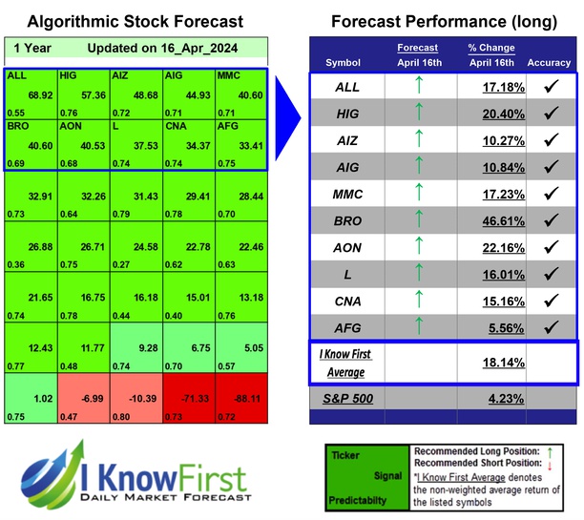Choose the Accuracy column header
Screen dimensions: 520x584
(x=549, y=62)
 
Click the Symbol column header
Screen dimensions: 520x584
(x=344, y=62)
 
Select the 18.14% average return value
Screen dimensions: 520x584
(x=490, y=363)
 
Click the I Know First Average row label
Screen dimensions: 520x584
(x=344, y=363)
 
